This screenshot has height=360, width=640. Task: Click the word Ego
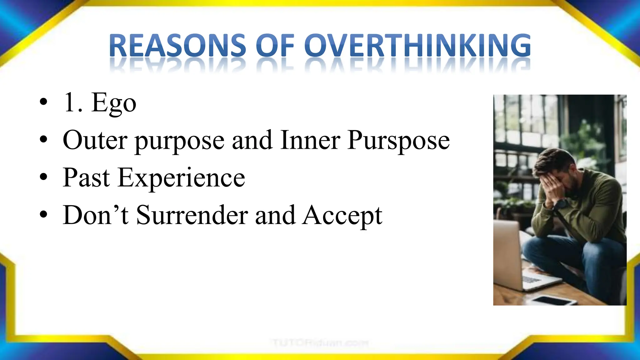[114, 103]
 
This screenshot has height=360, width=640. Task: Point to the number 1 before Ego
[69, 102]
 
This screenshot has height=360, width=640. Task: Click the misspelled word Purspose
[398, 141]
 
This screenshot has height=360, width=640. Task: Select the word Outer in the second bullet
[95, 140]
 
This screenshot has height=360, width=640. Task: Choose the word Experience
[181, 178]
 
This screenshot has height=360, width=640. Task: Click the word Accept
[342, 216]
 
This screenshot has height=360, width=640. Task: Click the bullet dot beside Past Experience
[44, 177]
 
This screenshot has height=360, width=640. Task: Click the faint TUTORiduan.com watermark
[320, 343]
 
